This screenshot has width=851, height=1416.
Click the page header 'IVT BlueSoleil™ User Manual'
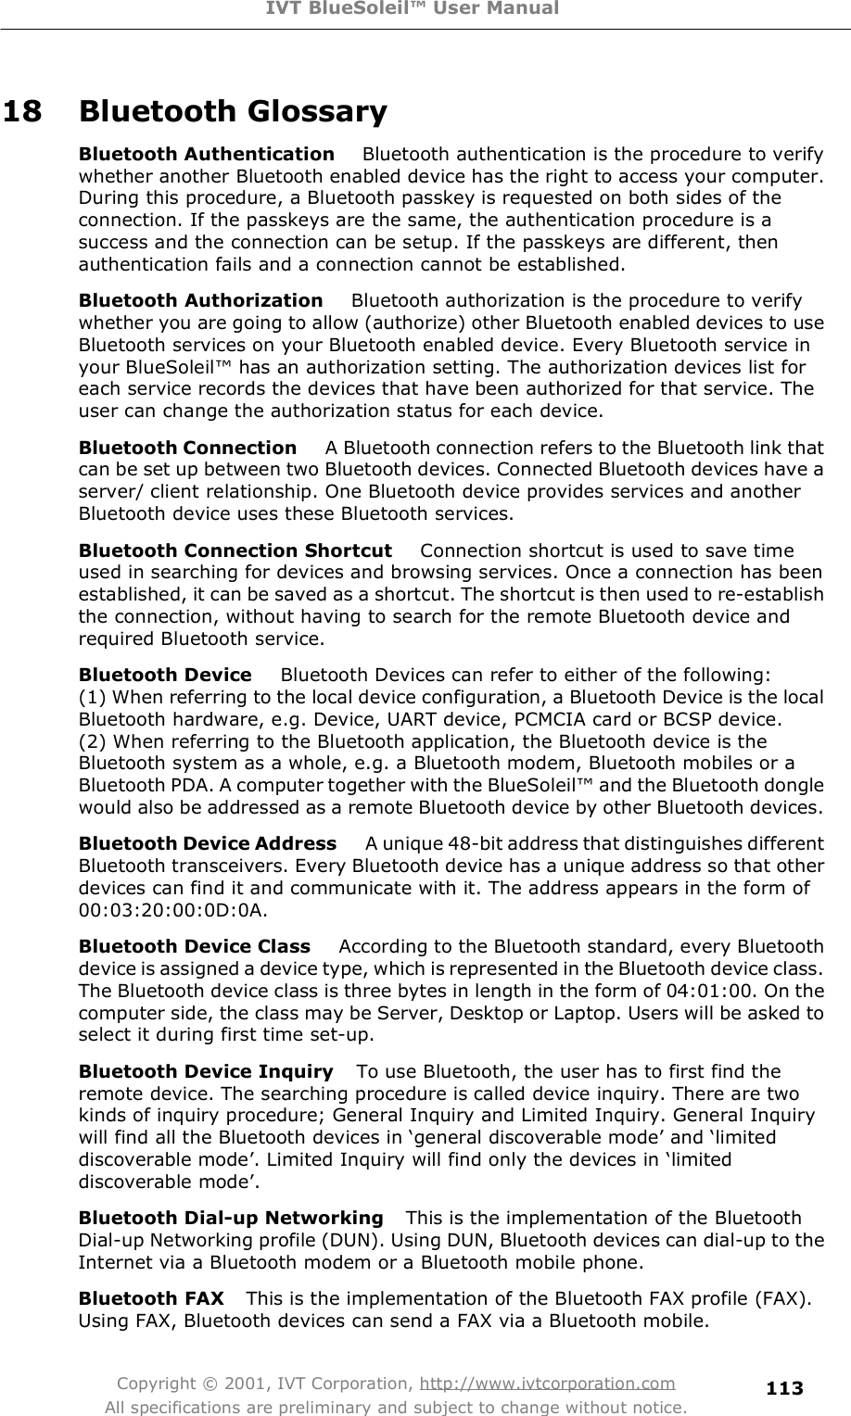tap(425, 9)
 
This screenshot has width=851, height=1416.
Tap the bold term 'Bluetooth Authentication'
tap(207, 153)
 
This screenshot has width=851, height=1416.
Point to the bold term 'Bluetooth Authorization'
tap(201, 300)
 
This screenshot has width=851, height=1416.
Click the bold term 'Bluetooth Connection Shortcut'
tap(235, 550)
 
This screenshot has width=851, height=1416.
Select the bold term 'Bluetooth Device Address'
tap(208, 843)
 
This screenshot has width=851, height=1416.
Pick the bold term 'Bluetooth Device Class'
tap(195, 946)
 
